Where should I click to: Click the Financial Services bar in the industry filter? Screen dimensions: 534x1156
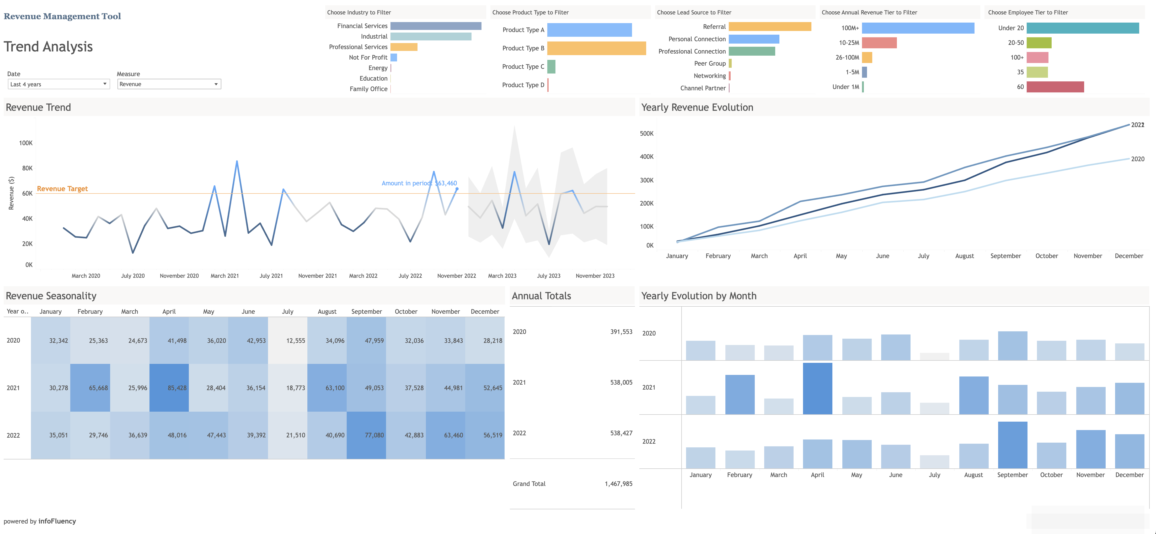click(x=435, y=26)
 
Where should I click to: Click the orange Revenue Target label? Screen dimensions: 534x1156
click(x=62, y=189)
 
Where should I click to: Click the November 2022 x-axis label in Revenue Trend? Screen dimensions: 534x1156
click(x=456, y=276)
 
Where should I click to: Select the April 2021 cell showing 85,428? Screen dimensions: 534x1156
click(x=169, y=388)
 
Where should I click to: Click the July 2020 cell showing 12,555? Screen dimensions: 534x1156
click(x=288, y=341)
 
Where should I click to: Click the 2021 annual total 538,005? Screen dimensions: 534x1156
click(x=621, y=382)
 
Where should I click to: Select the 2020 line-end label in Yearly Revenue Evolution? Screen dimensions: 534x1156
click(x=1137, y=159)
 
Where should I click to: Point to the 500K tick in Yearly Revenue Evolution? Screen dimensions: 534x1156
click(x=647, y=133)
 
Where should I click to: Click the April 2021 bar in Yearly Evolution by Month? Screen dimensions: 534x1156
click(x=817, y=389)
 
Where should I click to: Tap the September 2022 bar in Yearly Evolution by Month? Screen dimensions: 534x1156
click(x=1012, y=445)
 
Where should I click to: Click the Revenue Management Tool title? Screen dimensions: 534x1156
click(x=62, y=16)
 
